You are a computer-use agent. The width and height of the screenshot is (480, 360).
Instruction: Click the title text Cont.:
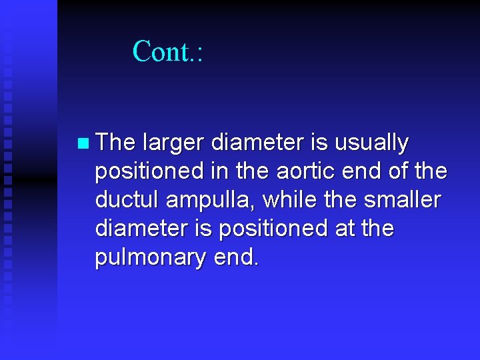167,51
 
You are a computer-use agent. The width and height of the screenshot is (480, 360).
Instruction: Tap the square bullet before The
82,143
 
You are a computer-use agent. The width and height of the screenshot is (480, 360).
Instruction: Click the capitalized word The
115,143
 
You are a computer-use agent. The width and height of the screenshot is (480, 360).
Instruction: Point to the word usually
371,143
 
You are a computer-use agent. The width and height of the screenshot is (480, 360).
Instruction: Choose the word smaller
403,199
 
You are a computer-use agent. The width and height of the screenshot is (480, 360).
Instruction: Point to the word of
398,171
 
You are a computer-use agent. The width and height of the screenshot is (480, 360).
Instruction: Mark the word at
339,229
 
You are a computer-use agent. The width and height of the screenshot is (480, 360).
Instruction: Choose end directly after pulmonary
236,257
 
